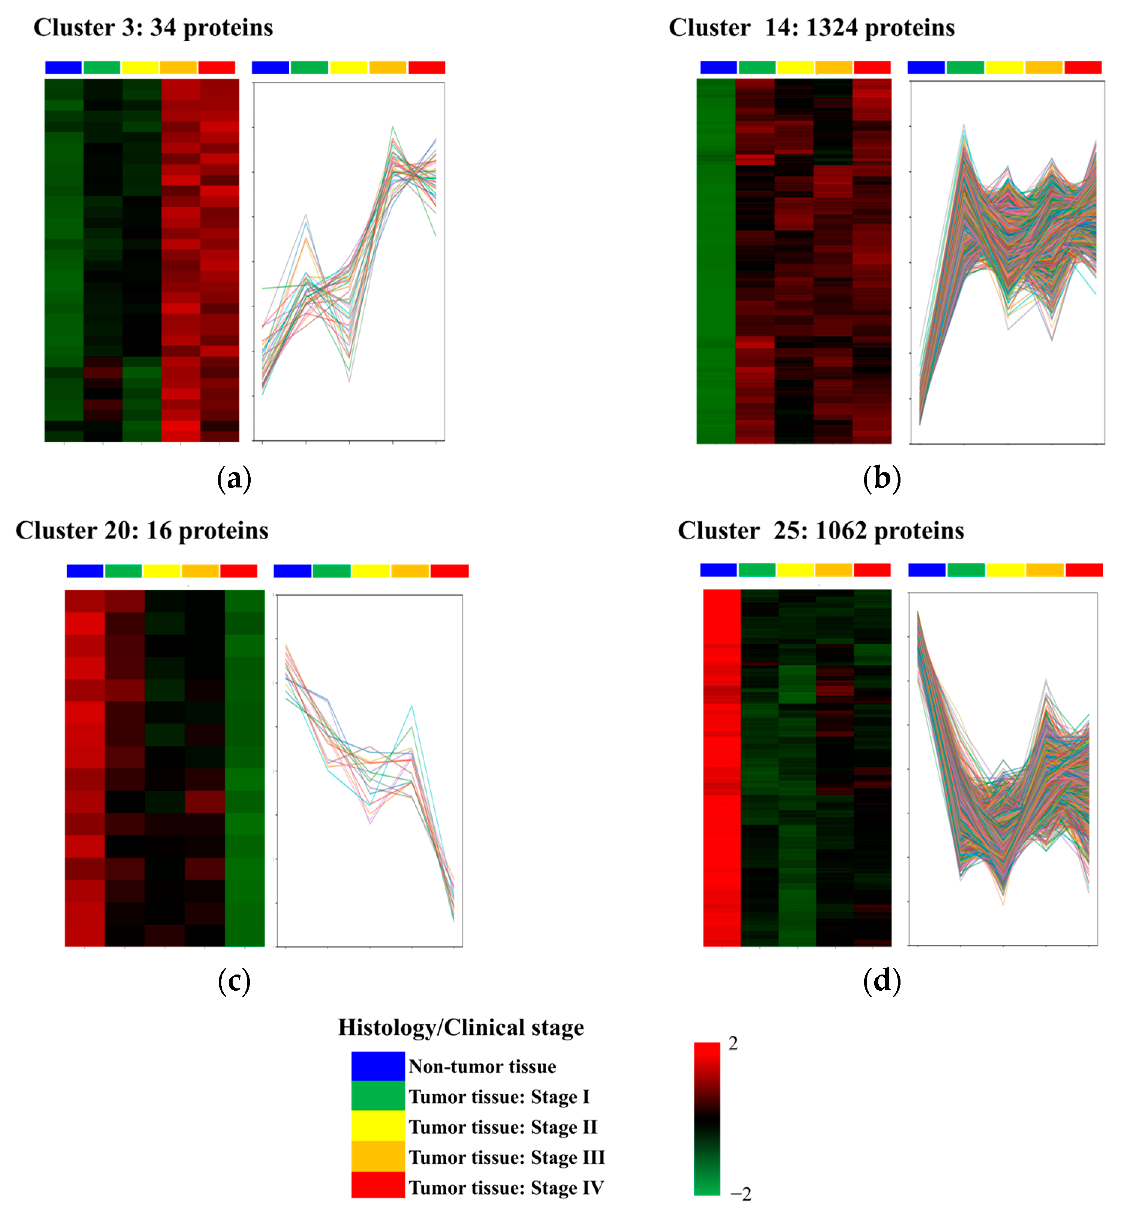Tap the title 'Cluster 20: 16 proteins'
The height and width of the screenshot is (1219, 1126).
click(x=142, y=531)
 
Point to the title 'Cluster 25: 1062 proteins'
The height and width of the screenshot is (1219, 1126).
click(x=820, y=531)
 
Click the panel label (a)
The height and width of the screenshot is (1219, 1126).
click(x=234, y=479)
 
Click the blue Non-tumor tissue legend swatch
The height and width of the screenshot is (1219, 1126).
click(x=378, y=1066)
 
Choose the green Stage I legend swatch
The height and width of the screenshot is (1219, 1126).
click(x=378, y=1096)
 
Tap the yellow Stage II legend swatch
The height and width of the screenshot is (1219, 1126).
click(x=378, y=1126)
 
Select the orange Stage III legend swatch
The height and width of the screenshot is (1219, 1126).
click(x=378, y=1156)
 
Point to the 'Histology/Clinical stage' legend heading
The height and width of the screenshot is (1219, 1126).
click(x=461, y=1027)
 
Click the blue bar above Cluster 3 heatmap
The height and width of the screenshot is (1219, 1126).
click(x=63, y=68)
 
